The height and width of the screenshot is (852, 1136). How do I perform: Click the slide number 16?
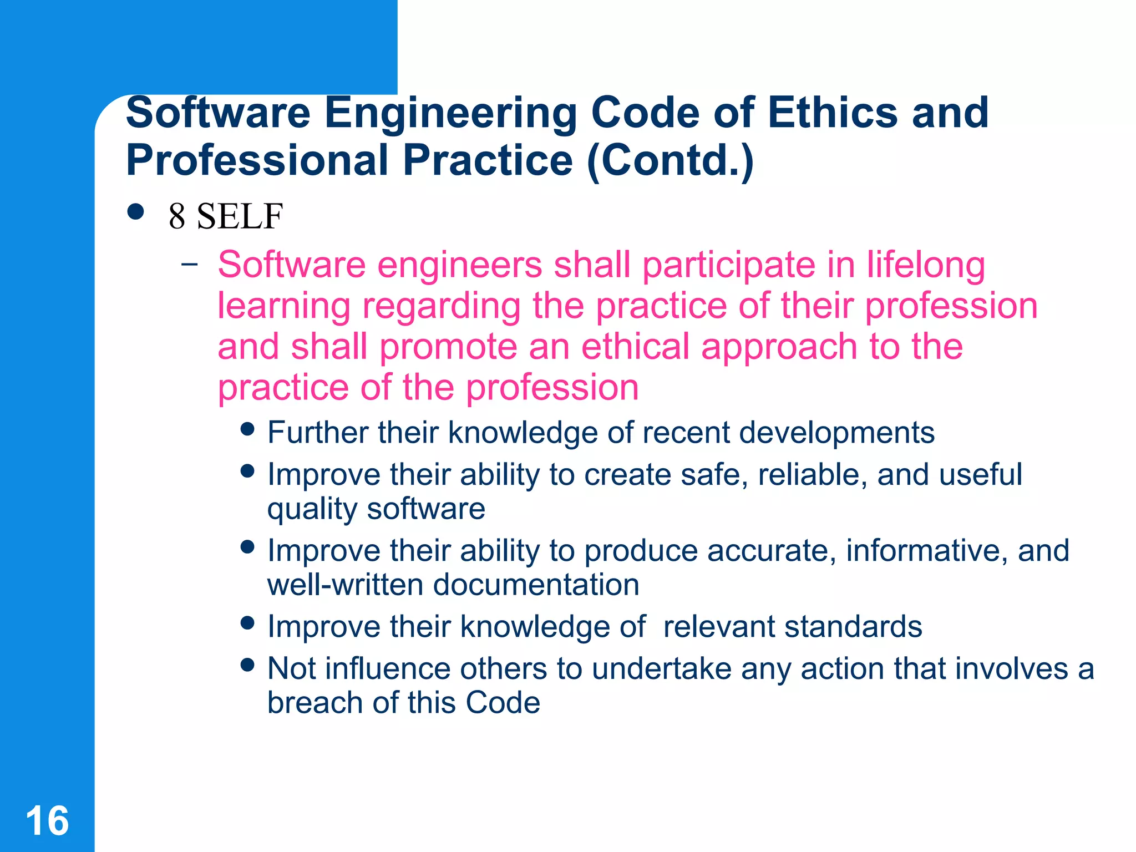[48, 820]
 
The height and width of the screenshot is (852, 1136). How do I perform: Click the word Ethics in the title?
[832, 113]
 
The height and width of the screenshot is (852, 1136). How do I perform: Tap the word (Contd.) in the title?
[670, 160]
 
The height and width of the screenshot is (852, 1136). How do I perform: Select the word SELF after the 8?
[240, 216]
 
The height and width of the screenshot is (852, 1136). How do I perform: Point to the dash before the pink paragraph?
[189, 264]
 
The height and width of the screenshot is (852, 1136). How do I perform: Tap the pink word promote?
[448, 347]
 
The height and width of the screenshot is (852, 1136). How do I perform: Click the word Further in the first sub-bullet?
[317, 432]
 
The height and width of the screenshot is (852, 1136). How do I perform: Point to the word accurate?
[772, 551]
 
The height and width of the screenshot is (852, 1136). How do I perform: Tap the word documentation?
[535, 585]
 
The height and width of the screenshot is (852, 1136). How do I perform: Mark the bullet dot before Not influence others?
[247, 665]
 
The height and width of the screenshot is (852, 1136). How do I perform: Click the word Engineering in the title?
[450, 113]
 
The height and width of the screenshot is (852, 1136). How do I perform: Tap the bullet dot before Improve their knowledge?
[247, 622]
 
